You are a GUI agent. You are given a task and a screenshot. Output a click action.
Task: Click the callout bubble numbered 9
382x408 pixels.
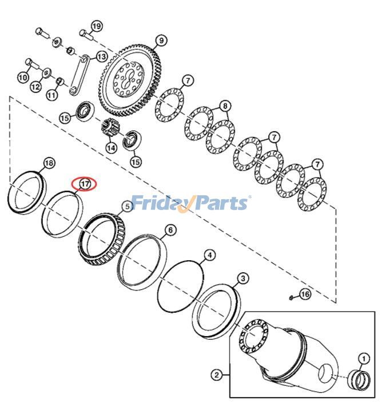(161, 41)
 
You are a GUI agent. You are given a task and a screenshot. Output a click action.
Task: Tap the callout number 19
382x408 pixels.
(96, 26)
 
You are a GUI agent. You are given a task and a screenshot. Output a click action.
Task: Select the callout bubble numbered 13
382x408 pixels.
(101, 56)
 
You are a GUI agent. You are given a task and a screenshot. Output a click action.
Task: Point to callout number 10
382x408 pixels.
(23, 77)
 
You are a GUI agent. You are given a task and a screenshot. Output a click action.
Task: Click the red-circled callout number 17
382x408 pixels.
(85, 184)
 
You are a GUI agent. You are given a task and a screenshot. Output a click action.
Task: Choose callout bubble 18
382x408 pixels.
(49, 163)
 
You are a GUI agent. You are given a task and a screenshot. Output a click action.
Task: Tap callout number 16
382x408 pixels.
(304, 294)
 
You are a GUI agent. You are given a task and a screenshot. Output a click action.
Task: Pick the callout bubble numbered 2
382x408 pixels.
(216, 375)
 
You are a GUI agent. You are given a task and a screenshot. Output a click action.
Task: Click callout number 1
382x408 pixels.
(363, 358)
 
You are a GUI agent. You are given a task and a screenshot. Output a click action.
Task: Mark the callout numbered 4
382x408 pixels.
(210, 255)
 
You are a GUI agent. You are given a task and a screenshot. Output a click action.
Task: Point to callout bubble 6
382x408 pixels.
(170, 230)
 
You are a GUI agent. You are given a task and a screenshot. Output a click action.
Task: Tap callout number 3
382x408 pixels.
(243, 278)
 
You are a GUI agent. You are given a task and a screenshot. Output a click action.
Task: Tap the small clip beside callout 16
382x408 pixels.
(292, 297)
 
